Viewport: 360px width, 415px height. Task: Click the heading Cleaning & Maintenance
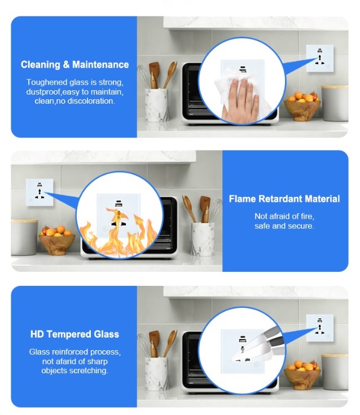pyautogui.click(x=74, y=65)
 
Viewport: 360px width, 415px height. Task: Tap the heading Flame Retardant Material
pyautogui.click(x=284, y=199)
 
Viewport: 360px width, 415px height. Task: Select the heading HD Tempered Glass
pyautogui.click(x=74, y=334)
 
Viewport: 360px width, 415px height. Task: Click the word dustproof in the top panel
pyautogui.click(x=43, y=92)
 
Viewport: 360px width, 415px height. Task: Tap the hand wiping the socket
pyautogui.click(x=240, y=100)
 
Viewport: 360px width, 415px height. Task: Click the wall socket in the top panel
pyautogui.click(x=320, y=59)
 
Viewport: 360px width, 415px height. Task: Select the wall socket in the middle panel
pyautogui.click(x=39, y=192)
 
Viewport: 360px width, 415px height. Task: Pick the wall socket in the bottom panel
pyautogui.click(x=320, y=328)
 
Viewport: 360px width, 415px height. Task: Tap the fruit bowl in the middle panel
pyautogui.click(x=57, y=240)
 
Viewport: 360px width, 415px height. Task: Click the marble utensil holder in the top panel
pyautogui.click(x=156, y=105)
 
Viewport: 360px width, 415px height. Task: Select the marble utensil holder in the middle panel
pyautogui.click(x=203, y=239)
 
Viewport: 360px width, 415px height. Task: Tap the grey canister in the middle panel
pyautogui.click(x=24, y=237)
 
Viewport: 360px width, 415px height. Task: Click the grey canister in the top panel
pyautogui.click(x=335, y=103)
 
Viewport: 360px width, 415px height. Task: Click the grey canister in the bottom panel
pyautogui.click(x=335, y=372)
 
